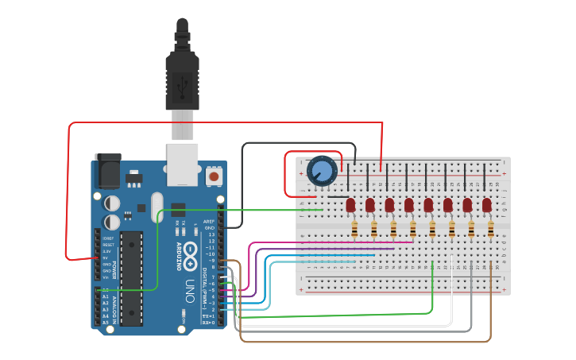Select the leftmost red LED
coord(351,205)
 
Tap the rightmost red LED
coord(486,205)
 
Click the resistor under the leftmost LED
coord(354,230)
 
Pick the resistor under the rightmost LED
coord(491,230)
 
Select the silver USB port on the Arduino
coord(182,165)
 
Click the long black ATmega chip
coord(131,278)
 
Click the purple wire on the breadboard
coord(334,249)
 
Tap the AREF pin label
coord(209,222)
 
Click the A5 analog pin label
coord(106,323)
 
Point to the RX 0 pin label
coord(208,323)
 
